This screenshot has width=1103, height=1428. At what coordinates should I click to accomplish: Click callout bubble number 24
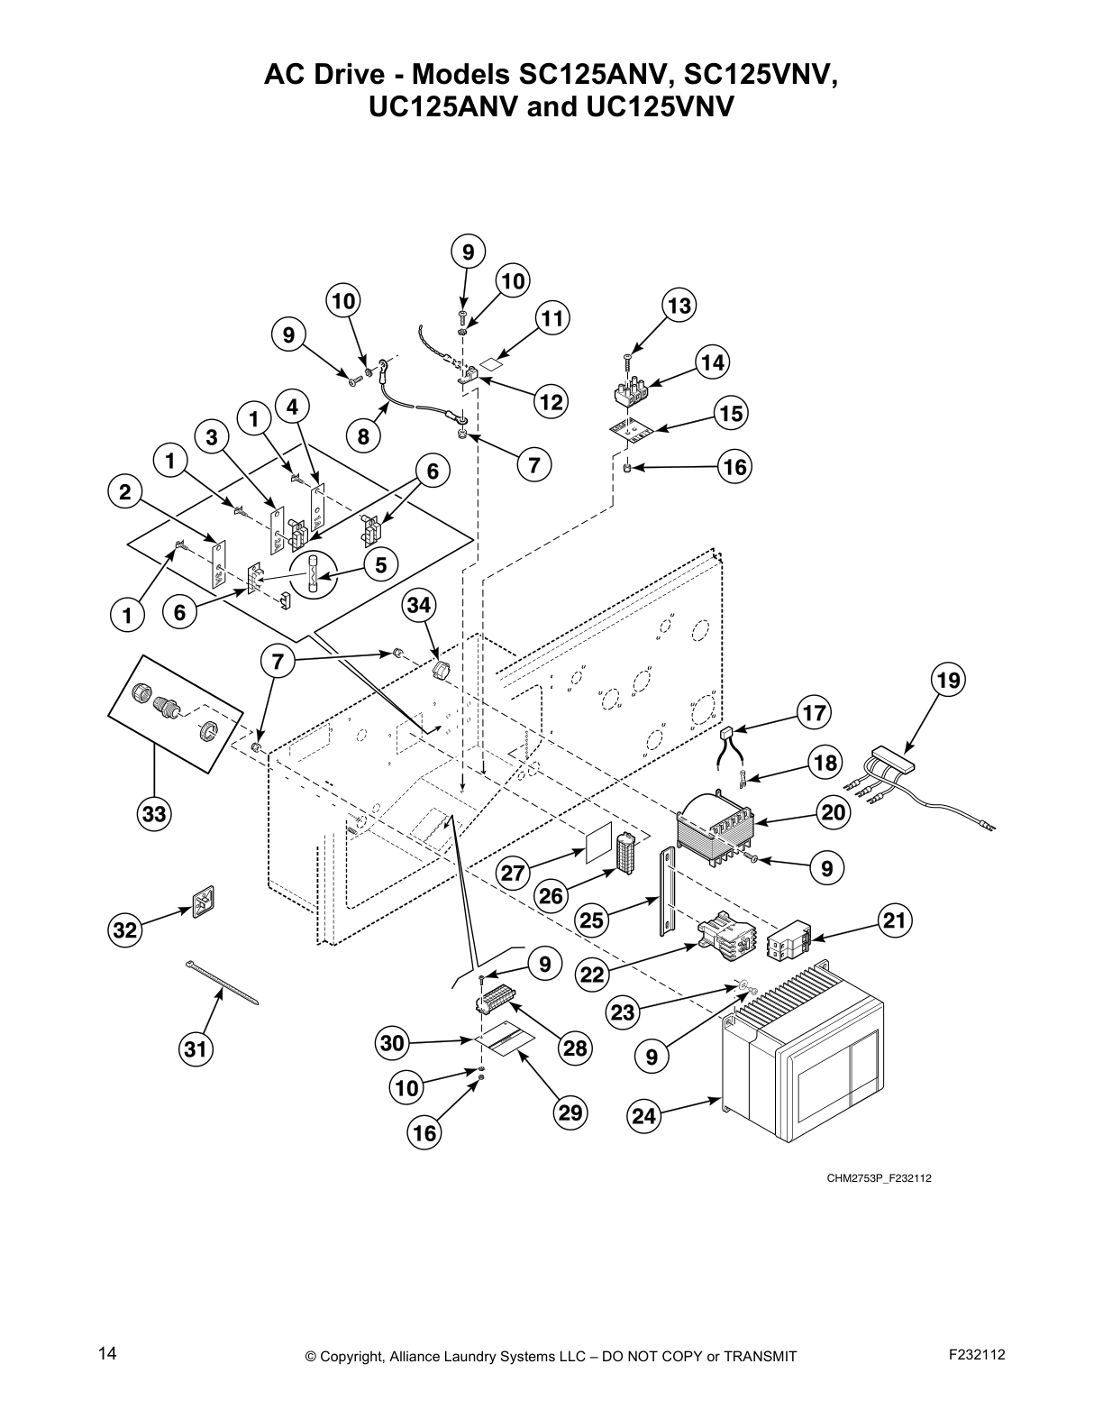643,1117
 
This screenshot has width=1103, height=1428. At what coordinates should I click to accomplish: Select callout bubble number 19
948,679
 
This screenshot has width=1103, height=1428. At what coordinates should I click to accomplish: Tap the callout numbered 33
154,815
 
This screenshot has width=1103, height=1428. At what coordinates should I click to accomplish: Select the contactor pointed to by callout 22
725,934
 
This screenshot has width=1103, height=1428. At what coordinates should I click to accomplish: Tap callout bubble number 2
125,492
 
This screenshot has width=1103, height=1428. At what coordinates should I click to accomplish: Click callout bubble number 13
679,306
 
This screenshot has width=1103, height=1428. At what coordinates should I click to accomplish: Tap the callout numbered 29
570,1113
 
